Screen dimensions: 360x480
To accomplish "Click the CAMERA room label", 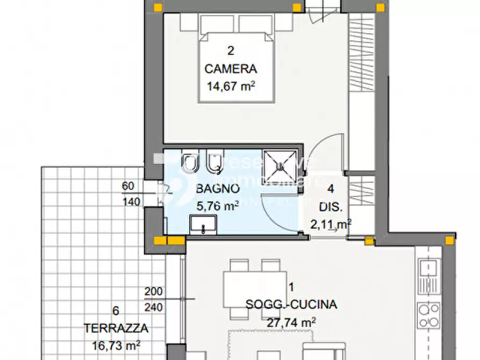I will click(231, 69).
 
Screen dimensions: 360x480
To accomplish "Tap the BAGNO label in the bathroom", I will click(217, 189).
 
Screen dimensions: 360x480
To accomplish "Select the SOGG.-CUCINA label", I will click(291, 305).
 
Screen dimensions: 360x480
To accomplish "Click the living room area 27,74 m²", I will click(291, 322).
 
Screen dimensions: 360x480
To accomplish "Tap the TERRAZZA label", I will click(116, 328).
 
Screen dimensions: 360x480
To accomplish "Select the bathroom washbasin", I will click(203, 224).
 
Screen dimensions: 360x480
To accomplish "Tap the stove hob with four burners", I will click(428, 315).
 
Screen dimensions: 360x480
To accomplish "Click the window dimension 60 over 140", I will click(131, 194).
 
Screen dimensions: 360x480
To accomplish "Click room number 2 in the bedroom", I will click(231, 52).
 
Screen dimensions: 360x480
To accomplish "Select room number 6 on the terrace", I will click(116, 311).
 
